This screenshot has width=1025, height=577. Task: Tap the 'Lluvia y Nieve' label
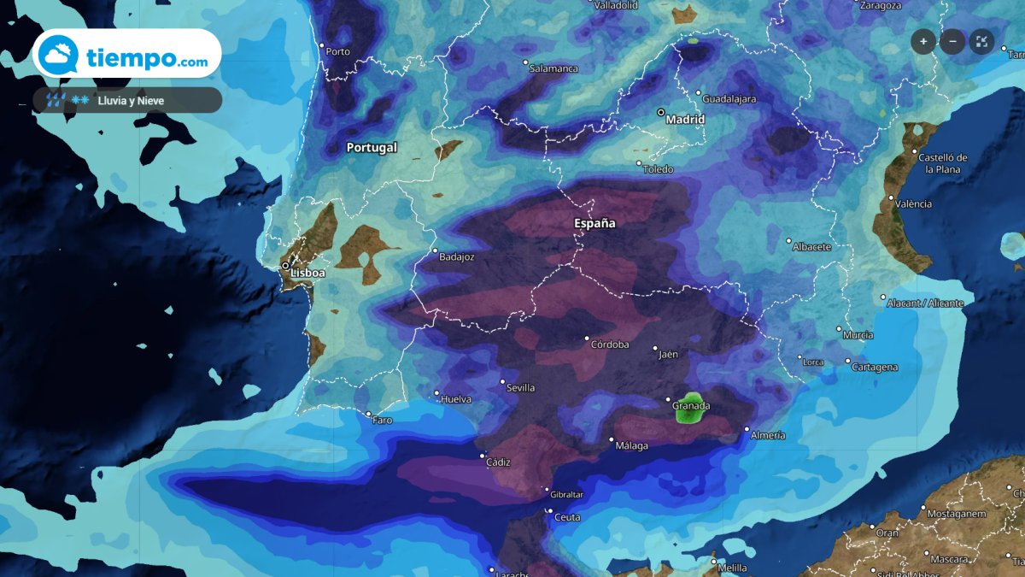[131, 101]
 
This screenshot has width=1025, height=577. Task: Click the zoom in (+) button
[923, 41]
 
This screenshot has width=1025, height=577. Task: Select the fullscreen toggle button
[981, 41]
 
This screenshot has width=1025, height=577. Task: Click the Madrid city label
[686, 120]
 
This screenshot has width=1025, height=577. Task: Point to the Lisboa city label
[307, 273]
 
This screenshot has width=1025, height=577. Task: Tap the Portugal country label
[372, 147]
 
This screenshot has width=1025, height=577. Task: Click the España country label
[594, 223]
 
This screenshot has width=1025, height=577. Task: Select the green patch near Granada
[688, 411]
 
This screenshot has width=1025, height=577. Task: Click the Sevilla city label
[520, 387]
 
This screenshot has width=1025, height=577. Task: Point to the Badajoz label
[456, 256]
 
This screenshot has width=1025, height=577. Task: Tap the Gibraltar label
[566, 495]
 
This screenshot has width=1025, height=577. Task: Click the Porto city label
[338, 51]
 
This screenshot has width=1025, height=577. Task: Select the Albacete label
[811, 246]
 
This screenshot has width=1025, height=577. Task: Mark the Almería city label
[768, 435]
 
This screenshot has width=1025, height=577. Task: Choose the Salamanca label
[553, 68]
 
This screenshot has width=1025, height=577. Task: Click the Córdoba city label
[610, 344]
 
